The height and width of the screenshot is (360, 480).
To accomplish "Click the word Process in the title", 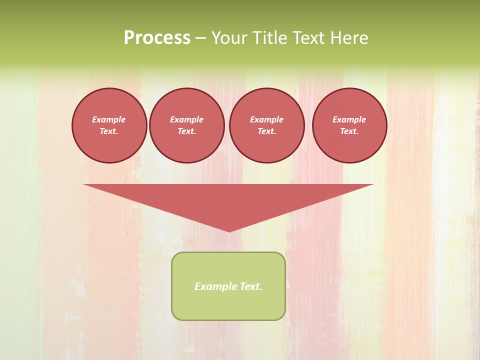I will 157,38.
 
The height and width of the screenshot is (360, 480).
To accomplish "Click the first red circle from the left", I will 109,125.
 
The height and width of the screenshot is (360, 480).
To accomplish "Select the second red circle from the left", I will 187,125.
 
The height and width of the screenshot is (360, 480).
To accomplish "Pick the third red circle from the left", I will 266,125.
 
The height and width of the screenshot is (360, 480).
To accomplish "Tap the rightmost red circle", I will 349,125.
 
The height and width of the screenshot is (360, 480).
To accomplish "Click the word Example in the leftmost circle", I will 109,119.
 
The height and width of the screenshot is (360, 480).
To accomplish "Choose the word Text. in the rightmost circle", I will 349,131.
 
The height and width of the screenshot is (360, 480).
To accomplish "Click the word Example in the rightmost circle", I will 349,119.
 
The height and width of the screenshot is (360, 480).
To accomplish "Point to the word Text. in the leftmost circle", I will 109,131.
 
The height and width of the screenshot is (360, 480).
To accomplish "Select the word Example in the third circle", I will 266,119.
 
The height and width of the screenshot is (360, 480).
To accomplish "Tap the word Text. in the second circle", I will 187,131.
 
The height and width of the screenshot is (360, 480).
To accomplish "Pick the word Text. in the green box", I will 250,286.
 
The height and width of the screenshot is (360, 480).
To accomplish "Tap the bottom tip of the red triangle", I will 229,230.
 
